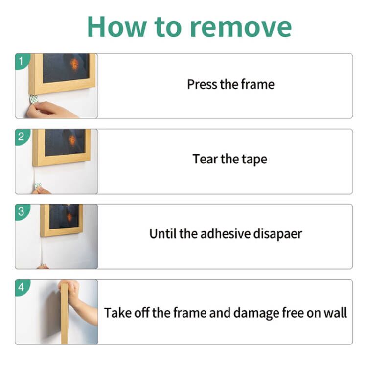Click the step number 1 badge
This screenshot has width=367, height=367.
[x=21, y=61]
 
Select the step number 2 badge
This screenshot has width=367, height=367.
[x=21, y=137]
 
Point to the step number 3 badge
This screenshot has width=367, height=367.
[x=21, y=212]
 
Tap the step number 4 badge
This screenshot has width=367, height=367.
[x=21, y=287]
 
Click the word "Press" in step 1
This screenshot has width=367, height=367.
[x=202, y=84]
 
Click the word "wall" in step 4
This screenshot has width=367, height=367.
[x=335, y=313]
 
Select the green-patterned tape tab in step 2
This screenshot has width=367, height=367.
[x=38, y=185]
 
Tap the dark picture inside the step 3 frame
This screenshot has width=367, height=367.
[x=64, y=216]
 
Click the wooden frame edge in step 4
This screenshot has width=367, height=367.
[x=64, y=313]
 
